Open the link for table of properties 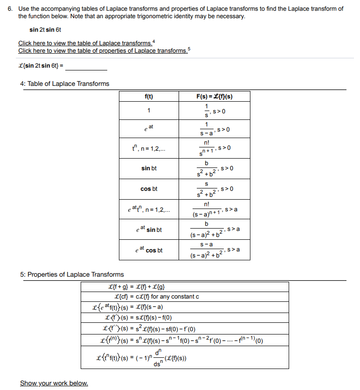coord(103,50)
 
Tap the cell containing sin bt coord(149,168)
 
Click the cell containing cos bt coord(149,189)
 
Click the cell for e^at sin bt coord(149,230)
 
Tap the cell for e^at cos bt coord(149,250)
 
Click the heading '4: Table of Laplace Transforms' coord(65,84)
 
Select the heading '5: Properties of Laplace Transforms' coord(72,274)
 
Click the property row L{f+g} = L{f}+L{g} coord(135,287)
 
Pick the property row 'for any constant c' coord(157,297)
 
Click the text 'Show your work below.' coord(54,383)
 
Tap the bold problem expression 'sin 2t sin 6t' coord(45,30)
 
